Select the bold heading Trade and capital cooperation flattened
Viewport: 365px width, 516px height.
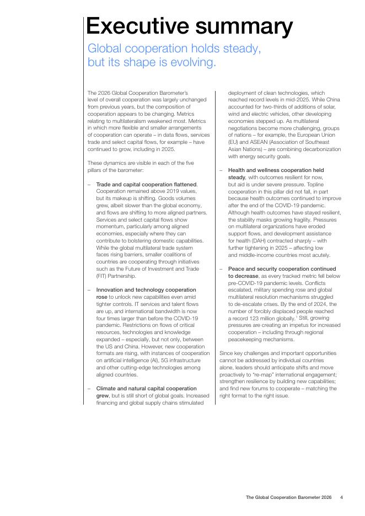point(146,184)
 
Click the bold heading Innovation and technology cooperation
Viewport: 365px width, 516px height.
point(146,289)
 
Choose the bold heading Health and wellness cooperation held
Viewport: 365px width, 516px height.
point(276,170)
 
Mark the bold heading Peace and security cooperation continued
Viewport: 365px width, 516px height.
point(282,268)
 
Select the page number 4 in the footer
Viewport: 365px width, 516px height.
point(342,497)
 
